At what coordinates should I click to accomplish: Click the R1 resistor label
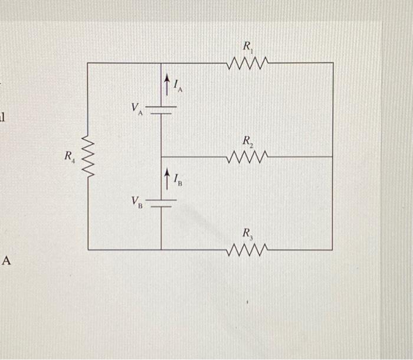pyautogui.click(x=248, y=45)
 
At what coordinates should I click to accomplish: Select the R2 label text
pyautogui.click(x=248, y=141)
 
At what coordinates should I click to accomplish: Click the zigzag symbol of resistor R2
pyautogui.click(x=248, y=157)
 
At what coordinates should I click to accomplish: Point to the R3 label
pyautogui.click(x=248, y=234)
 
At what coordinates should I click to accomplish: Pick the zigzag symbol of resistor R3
pyautogui.click(x=248, y=250)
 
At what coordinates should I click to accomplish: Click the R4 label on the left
pyautogui.click(x=70, y=157)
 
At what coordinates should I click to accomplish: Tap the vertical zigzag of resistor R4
pyautogui.click(x=87, y=156)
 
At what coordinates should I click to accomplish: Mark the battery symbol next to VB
pyautogui.click(x=161, y=204)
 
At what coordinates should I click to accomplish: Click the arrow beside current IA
pyautogui.click(x=167, y=84)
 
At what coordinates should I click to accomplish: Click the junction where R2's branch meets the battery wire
pyautogui.click(x=161, y=157)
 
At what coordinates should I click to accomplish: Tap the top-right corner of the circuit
pyautogui.click(x=333, y=63)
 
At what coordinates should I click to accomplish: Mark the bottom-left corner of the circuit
pyautogui.click(x=88, y=250)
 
